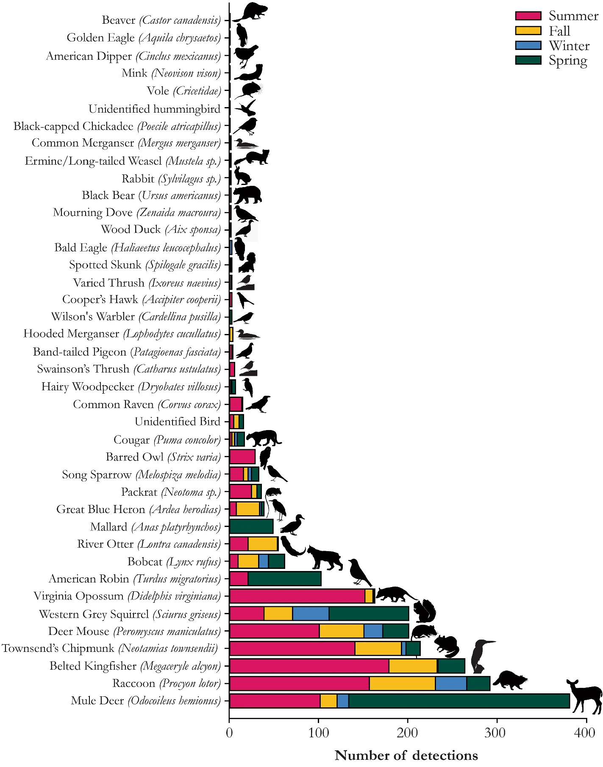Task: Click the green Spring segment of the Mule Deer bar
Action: [459, 701]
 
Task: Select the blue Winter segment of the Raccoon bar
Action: [451, 684]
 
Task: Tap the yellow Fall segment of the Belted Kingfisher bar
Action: [413, 666]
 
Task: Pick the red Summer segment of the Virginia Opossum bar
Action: [297, 596]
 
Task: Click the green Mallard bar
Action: [251, 527]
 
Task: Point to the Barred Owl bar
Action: [242, 457]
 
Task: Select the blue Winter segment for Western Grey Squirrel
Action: [311, 613]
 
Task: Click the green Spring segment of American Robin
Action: [284, 579]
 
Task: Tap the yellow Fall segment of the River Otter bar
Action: [263, 544]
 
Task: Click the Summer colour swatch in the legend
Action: [528, 16]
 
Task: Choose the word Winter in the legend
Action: [569, 46]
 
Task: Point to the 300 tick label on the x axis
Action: [497, 733]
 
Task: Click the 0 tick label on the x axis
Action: [229, 733]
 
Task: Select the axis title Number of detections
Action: [406, 756]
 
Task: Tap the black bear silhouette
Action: [247, 195]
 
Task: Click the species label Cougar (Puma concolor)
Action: [167, 440]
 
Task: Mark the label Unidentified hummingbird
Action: [154, 109]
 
